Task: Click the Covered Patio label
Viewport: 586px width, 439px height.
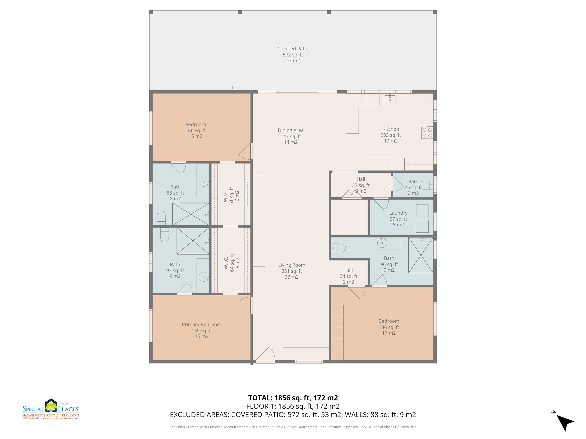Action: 293,54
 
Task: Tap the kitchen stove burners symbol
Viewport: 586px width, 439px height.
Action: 427,133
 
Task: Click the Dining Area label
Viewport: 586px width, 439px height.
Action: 291,136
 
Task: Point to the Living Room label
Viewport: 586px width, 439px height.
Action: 291,271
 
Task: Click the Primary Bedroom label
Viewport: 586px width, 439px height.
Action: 202,330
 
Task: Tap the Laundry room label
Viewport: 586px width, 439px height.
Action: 398,219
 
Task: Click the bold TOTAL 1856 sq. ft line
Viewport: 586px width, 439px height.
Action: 293,398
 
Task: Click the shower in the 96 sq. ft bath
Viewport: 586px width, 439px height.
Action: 421,255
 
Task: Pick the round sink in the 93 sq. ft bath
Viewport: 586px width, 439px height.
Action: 204,276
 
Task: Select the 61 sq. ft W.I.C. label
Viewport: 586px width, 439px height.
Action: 231,196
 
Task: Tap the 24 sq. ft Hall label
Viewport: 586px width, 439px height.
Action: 348,276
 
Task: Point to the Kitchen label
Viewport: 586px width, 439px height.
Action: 390,135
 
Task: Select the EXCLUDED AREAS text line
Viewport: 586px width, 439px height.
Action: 293,415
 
